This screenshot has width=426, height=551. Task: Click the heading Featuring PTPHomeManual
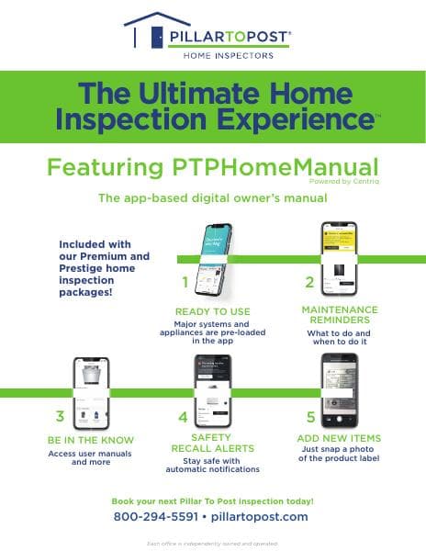[212, 167]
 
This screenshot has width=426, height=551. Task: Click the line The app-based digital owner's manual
[212, 197]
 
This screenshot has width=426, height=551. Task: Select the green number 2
[309, 282]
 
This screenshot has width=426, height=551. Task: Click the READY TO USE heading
[212, 311]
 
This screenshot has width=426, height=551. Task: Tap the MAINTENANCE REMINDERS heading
[340, 316]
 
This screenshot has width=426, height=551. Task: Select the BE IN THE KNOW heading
[91, 440]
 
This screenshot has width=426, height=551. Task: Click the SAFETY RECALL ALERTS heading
[212, 444]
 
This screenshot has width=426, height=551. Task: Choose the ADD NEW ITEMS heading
[339, 439]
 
